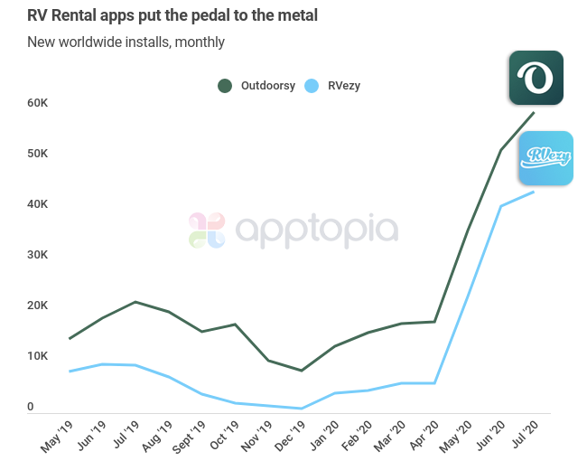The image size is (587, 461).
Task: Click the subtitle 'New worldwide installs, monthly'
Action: coord(126,42)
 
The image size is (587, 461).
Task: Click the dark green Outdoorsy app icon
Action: coord(536,78)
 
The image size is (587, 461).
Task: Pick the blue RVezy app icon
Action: coord(546,158)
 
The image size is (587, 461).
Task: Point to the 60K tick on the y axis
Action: coord(37,103)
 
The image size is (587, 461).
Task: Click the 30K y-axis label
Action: coord(37,255)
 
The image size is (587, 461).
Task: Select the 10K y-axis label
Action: coord(37,356)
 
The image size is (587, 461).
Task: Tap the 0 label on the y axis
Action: coord(30,407)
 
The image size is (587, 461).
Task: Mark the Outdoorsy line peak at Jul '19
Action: coord(135,302)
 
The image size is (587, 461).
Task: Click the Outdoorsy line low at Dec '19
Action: coord(302,371)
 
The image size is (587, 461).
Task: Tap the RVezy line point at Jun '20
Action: coord(501,206)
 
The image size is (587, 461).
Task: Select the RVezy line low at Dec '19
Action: coord(302,409)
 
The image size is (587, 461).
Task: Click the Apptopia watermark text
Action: coord(316,230)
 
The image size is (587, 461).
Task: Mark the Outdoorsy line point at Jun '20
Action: coord(501,150)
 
